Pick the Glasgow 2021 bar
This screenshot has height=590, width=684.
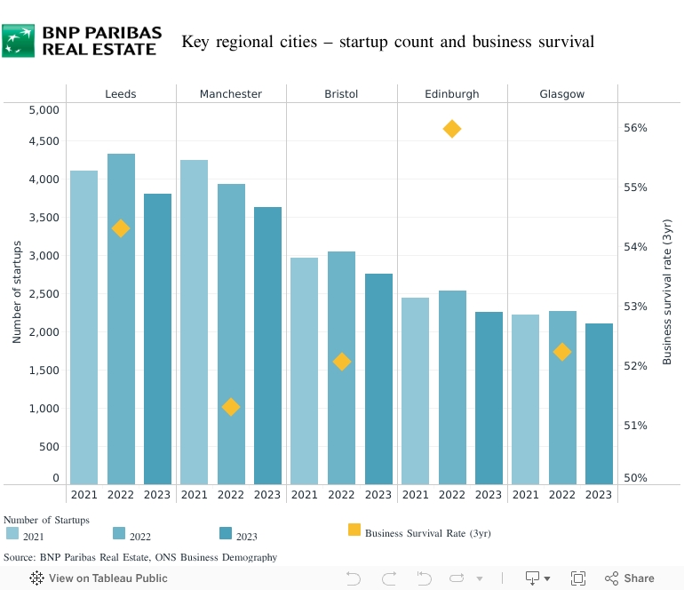coord(525,399)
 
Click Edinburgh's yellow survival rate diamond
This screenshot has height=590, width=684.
coord(451,130)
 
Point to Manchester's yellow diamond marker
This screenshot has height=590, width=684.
coord(231,407)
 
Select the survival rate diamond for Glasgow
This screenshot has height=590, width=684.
coord(562,352)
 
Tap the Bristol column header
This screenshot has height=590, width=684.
coord(341,94)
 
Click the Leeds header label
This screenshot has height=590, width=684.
coord(121,94)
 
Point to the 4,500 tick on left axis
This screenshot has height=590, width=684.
coord(44,141)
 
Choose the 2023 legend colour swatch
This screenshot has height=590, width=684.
coord(226,533)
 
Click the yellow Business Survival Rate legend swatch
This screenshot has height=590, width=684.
coord(354,530)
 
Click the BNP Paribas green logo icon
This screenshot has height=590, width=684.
coord(19,41)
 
